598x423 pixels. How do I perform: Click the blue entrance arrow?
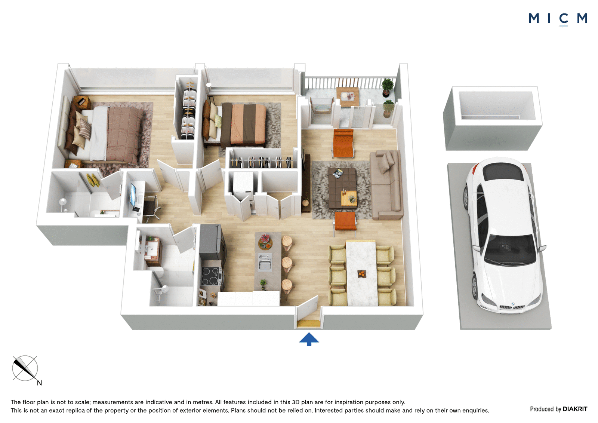[x=309, y=339]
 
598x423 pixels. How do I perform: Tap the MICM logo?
[x=558, y=19]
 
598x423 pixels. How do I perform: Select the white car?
[x=503, y=235]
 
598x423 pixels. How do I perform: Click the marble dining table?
[x=362, y=273]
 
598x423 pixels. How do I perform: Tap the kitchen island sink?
[x=265, y=262]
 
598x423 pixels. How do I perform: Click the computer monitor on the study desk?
[x=133, y=196]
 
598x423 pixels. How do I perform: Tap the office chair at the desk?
[x=151, y=208]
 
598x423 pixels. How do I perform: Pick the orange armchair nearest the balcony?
[x=343, y=143]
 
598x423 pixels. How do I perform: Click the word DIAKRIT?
[x=575, y=409]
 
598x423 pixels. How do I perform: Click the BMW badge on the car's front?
[x=513, y=304]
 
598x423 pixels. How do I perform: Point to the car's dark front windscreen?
[x=509, y=250]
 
